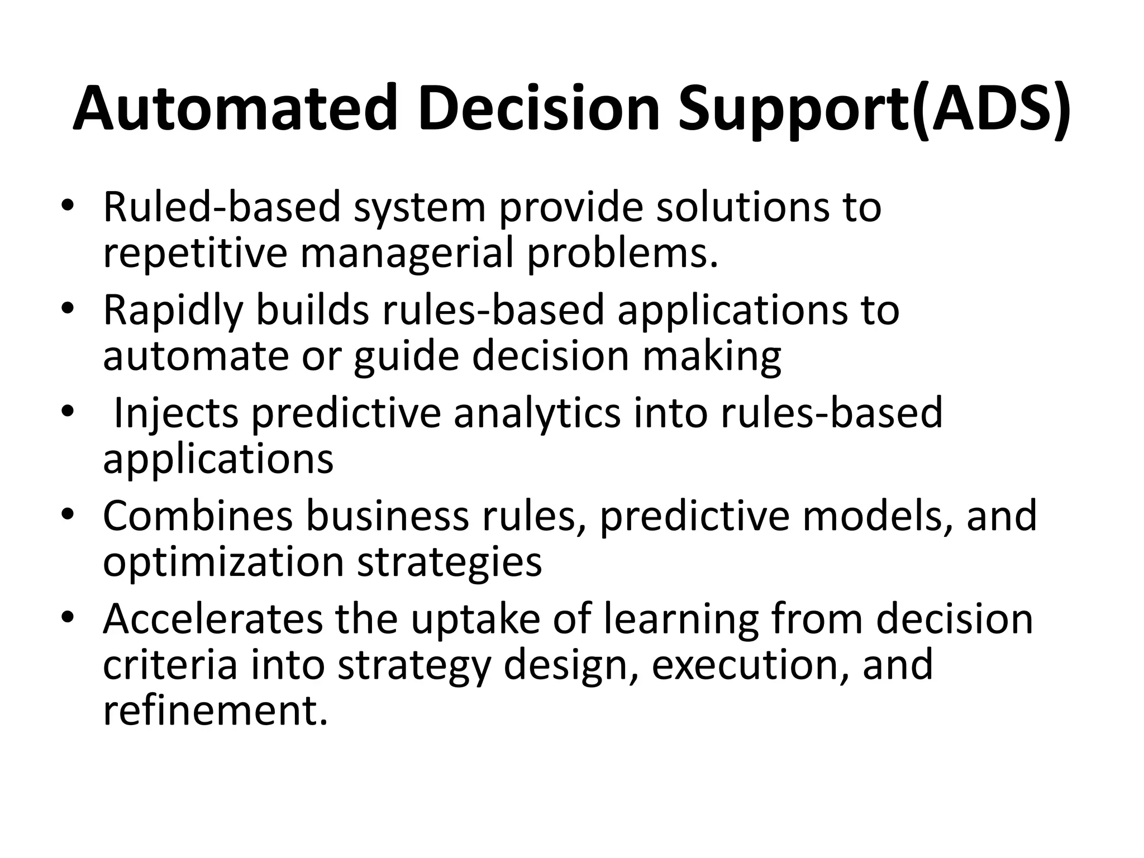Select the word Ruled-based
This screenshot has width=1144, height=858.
pyautogui.click(x=222, y=207)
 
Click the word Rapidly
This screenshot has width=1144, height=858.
pyautogui.click(x=173, y=310)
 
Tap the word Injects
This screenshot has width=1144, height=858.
pyautogui.click(x=177, y=413)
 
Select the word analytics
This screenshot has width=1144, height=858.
pyautogui.click(x=537, y=413)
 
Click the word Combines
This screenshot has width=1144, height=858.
pyautogui.click(x=198, y=516)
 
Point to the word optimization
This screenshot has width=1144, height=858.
pyautogui.click(x=223, y=562)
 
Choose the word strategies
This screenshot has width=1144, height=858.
pyautogui.click(x=450, y=563)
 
